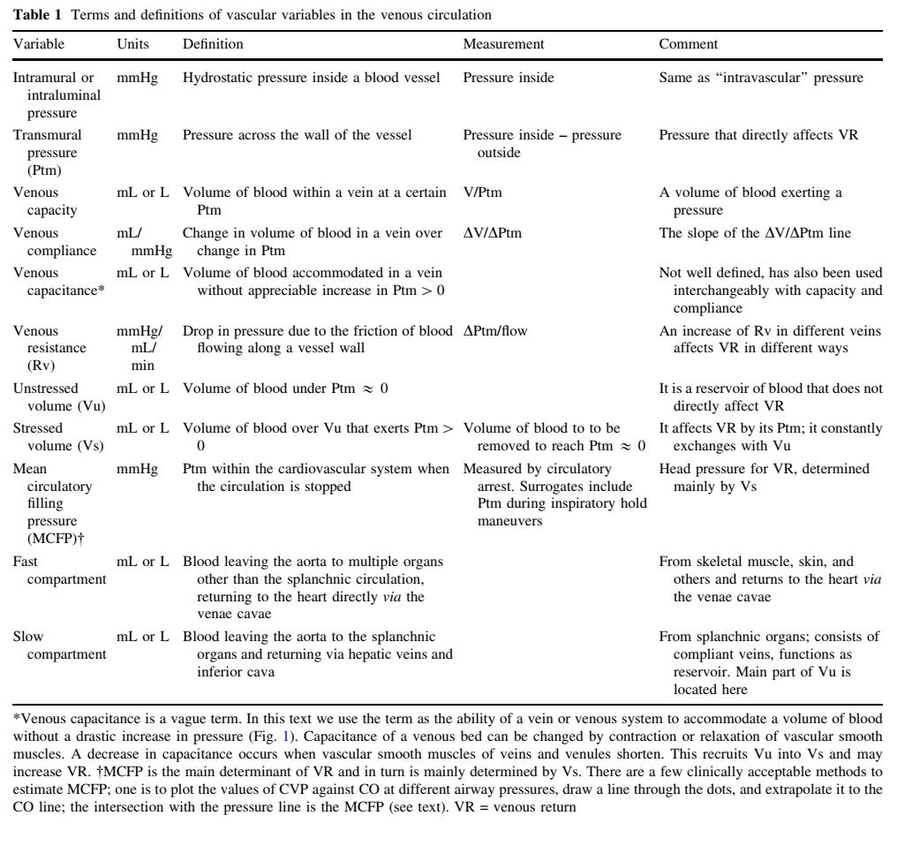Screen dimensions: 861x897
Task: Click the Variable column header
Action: click(38, 43)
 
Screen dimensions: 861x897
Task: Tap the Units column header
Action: click(132, 43)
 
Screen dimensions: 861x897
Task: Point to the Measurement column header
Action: click(501, 43)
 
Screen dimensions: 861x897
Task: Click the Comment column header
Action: click(685, 43)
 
